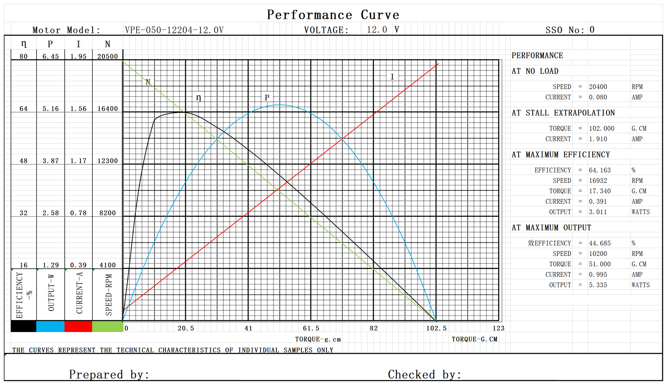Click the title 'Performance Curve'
[333, 15]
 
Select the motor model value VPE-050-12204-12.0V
[174, 30]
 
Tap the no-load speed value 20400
[598, 87]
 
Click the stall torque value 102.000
[602, 128]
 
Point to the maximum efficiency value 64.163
[599, 170]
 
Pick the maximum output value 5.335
[598, 285]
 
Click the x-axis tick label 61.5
[311, 328]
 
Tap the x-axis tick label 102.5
[436, 328]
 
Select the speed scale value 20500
[108, 56]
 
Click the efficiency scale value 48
[24, 161]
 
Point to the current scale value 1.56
[78, 109]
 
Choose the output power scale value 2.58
[50, 213]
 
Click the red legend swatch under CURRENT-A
[78, 326]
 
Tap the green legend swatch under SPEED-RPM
[108, 326]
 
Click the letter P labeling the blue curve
[267, 97]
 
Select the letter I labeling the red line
[392, 77]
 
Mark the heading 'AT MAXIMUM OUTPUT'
[551, 227]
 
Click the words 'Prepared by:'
[109, 374]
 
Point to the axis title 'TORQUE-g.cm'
[318, 339]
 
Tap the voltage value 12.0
[377, 30]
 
